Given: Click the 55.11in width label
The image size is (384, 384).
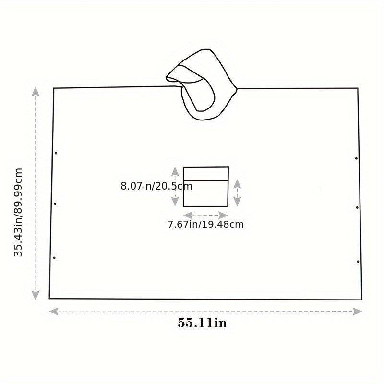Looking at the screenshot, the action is pos(202,323).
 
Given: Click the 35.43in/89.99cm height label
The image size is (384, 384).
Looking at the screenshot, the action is pos(18,212).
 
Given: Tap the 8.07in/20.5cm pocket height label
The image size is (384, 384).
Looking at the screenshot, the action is pos(156,186).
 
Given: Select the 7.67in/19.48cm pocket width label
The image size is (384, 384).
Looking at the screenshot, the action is pos(206,224).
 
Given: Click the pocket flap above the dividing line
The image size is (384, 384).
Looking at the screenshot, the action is pos(206,174).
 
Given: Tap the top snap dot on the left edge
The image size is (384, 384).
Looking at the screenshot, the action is pos(56,153).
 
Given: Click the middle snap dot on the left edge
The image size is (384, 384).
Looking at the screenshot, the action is pos(55,204).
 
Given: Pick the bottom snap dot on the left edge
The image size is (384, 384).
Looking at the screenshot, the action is pos(54,258).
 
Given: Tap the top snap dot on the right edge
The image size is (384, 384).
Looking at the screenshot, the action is pos(356,158).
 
